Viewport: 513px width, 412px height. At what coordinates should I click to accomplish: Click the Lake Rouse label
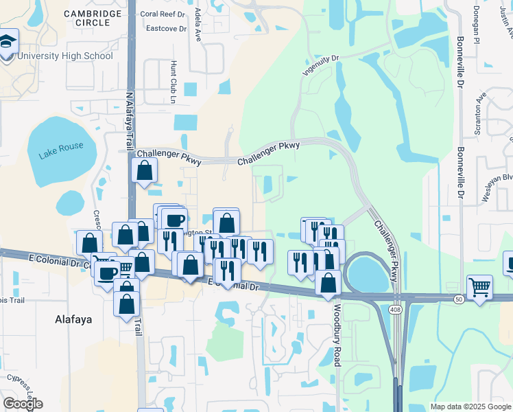click(x=61, y=150)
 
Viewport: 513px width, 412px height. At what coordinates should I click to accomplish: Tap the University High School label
click(x=66, y=56)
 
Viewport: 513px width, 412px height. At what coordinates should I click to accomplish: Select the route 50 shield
click(x=459, y=299)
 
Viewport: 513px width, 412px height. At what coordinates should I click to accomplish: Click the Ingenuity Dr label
click(x=321, y=66)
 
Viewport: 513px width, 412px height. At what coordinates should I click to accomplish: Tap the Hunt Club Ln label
click(x=173, y=81)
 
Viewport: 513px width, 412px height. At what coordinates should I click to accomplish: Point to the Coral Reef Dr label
click(x=163, y=14)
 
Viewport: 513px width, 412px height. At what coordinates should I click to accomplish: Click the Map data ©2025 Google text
click(x=470, y=407)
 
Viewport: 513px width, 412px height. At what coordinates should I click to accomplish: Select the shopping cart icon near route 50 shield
click(x=479, y=286)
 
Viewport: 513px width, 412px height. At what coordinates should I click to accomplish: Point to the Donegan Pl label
click(x=475, y=26)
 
